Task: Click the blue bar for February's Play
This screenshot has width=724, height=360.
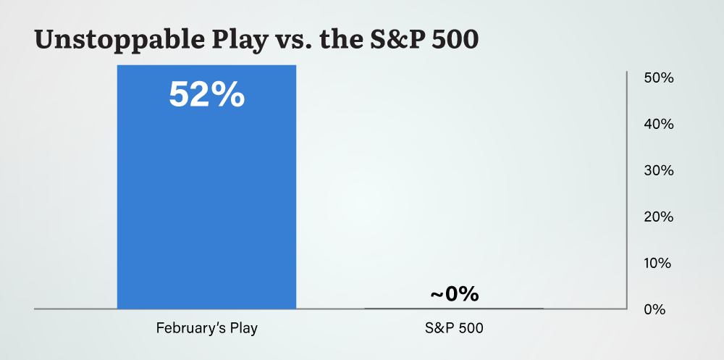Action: point(206,203)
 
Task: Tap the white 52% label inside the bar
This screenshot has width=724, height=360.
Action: point(206,95)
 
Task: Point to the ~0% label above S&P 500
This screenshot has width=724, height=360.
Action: point(454,294)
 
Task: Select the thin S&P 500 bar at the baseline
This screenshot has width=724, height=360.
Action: point(454,308)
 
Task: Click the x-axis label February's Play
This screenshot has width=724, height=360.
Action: point(207,328)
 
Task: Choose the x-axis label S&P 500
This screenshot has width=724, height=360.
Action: point(454,328)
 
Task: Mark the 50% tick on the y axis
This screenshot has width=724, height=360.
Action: point(659,78)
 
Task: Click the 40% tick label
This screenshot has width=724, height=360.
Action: point(659,125)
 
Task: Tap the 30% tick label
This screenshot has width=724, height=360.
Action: point(659,171)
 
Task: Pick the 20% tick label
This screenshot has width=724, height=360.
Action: point(659,217)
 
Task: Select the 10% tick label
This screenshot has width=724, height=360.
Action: point(659,263)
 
